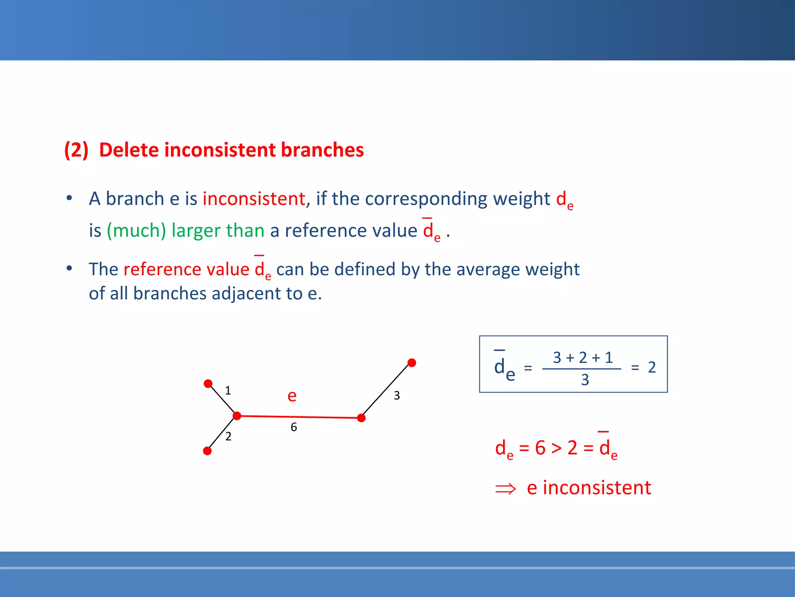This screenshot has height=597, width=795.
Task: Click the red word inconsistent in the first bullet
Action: point(254,199)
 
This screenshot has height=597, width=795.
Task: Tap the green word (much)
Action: point(136,230)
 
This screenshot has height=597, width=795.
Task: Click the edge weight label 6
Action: point(294,428)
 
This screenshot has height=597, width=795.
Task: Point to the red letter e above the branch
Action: point(292,396)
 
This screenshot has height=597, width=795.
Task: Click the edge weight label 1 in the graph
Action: point(228,390)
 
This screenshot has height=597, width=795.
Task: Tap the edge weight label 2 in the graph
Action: point(228,436)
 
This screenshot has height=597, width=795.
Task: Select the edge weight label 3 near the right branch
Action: point(397,396)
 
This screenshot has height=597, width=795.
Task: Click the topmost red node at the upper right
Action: point(412,363)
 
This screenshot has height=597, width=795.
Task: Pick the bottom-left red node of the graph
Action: point(207,451)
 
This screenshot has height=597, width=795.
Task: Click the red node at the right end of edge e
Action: point(361,418)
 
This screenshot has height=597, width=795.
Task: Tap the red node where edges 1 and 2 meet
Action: point(237,416)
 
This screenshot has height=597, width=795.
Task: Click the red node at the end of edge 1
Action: point(208,384)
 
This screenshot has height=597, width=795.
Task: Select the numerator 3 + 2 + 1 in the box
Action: point(583,358)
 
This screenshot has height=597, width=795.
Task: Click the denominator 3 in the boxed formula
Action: point(585,380)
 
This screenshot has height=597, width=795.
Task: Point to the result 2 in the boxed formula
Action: point(652,367)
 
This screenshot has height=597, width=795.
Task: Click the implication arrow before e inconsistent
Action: point(505,489)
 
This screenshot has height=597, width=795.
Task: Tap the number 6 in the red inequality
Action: point(540,448)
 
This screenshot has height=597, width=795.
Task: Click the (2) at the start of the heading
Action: point(76,150)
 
